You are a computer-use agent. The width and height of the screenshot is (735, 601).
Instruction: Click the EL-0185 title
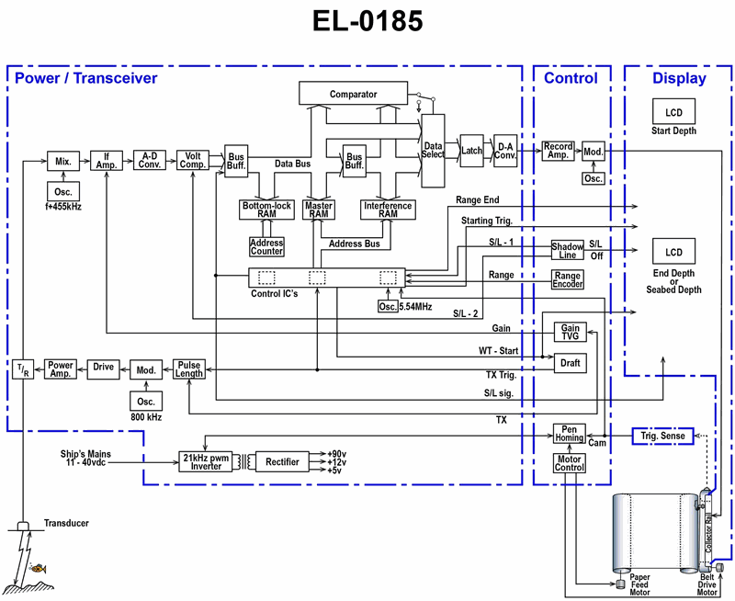pyautogui.click(x=367, y=22)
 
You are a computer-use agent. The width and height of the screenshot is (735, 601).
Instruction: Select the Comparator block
pyautogui.click(x=353, y=94)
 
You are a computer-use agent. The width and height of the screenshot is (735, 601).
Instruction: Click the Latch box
pyautogui.click(x=472, y=150)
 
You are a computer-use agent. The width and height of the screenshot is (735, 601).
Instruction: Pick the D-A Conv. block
pyautogui.click(x=505, y=148)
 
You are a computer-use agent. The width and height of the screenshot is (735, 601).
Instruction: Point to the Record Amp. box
pyautogui.click(x=558, y=151)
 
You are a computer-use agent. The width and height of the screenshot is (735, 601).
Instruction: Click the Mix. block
pyautogui.click(x=63, y=161)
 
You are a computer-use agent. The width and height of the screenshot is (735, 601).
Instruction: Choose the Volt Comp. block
pyautogui.click(x=193, y=160)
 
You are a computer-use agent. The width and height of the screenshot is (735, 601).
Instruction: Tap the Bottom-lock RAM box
pyautogui.click(x=266, y=209)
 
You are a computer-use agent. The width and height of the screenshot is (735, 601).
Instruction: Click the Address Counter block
pyautogui.click(x=266, y=246)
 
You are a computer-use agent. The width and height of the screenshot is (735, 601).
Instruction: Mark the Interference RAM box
pyautogui.click(x=388, y=209)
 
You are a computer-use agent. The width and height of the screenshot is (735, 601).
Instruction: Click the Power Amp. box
pyautogui.click(x=61, y=369)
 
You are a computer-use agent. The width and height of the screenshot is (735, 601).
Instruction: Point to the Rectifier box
pyautogui.click(x=282, y=461)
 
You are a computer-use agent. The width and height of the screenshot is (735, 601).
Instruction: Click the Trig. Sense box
pyautogui.click(x=661, y=437)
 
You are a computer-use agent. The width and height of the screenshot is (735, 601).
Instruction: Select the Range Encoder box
pyautogui.click(x=567, y=280)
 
